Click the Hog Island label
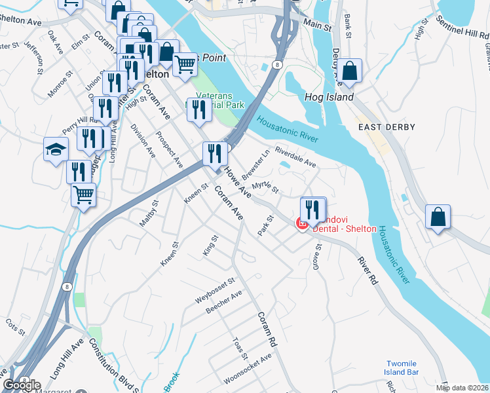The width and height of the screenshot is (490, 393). click(329, 97)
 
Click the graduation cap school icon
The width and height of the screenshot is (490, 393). click(56, 149)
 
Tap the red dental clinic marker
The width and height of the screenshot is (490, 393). click(302, 225)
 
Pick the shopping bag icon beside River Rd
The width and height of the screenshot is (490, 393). click(438, 218)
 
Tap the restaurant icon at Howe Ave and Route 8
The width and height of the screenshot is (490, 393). click(215, 154)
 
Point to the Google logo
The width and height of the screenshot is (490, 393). click(22, 385)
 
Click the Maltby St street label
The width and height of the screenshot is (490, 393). click(149, 214)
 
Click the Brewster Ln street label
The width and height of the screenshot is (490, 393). click(255, 166)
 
